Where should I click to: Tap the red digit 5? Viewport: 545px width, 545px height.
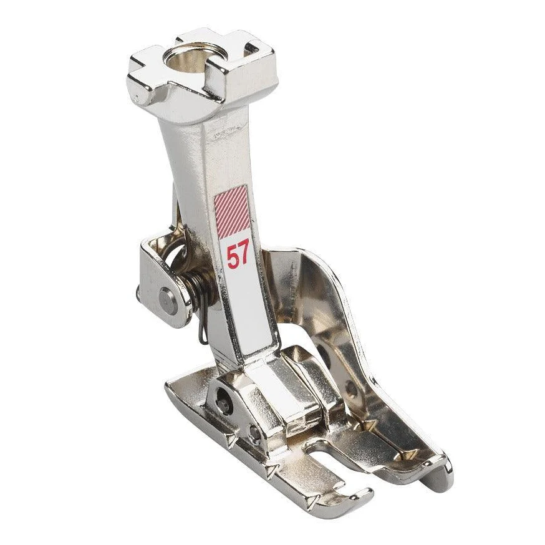pos(232,256)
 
